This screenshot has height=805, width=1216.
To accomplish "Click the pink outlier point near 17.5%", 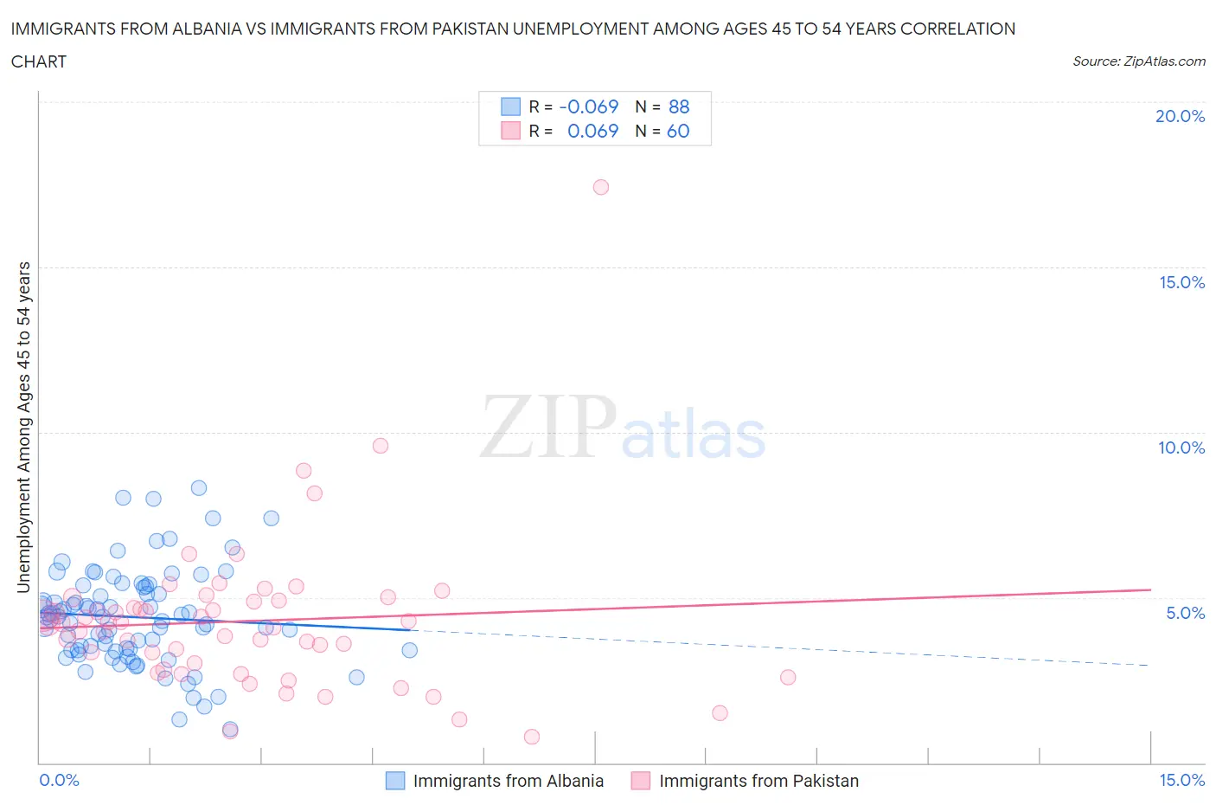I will click(601, 187).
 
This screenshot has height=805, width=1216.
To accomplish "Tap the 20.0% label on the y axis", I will click(1180, 116).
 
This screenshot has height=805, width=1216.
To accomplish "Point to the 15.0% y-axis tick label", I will click(1181, 282).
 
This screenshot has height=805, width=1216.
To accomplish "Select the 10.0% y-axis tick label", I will click(1181, 448).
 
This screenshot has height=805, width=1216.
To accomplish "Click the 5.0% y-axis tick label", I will click(1185, 613).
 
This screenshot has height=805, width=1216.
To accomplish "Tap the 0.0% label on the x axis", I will click(59, 780).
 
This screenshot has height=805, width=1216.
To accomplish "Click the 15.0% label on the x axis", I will click(1181, 780).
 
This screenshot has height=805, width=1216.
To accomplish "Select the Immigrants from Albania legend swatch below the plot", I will click(395, 781).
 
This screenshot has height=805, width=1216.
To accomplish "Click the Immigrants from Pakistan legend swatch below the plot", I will click(641, 781).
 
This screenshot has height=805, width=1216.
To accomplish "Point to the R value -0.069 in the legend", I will click(589, 106).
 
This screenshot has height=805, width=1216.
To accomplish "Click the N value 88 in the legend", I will click(679, 106).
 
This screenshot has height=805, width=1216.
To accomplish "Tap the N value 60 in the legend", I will click(678, 131).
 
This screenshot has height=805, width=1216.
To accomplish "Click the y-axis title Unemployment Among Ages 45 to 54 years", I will click(23, 428).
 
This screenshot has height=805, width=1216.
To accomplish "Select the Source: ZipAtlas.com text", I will click(1138, 61).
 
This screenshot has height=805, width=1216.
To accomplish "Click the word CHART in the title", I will click(39, 61).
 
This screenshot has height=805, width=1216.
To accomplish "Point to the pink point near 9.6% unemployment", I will click(381, 446).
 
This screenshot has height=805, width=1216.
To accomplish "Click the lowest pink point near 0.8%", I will click(532, 737).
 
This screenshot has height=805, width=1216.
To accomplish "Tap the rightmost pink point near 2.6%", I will click(788, 677).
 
